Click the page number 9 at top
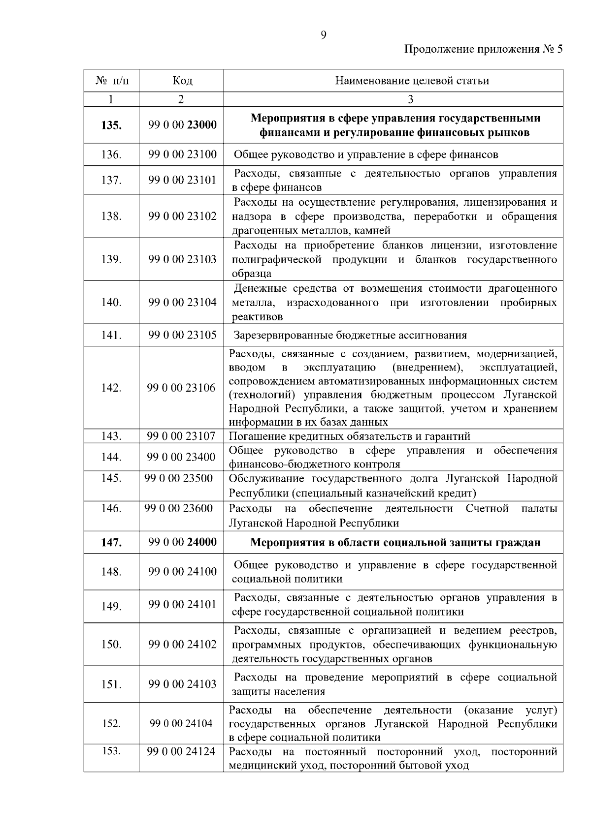[323, 35]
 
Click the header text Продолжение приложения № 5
[483, 49]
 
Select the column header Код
[182, 81]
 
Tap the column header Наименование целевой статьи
[412, 81]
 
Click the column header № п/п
[112, 81]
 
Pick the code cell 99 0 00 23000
[182, 125]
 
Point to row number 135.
[111, 125]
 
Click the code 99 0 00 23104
[182, 302]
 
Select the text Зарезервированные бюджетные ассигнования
[350, 335]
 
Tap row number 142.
[111, 388]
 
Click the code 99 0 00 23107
[181, 436]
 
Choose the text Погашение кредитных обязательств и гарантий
[350, 436]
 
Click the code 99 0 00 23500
[178, 479]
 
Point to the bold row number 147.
[111, 542]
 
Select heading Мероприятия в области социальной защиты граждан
[395, 542]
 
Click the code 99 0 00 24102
[182, 645]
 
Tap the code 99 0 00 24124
[181, 752]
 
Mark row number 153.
[111, 751]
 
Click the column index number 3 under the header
[410, 99]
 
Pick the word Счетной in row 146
[487, 508]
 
